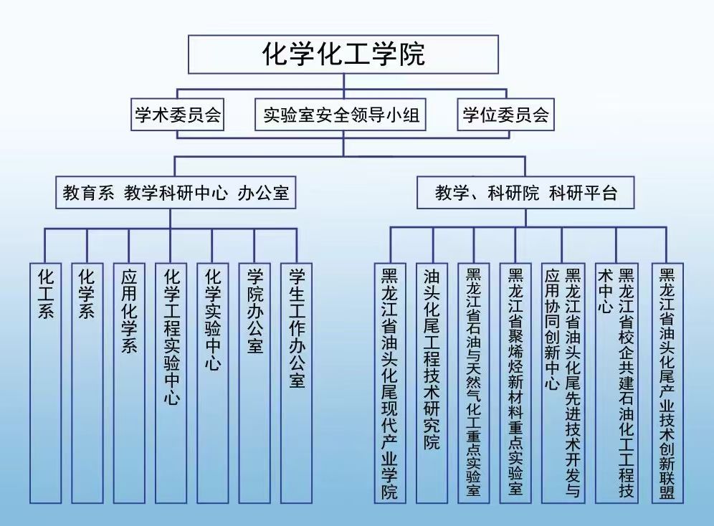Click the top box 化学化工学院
[343, 54]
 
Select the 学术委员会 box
[178, 115]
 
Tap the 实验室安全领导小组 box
[341, 115]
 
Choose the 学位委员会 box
[505, 115]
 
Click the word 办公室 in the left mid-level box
[264, 193]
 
